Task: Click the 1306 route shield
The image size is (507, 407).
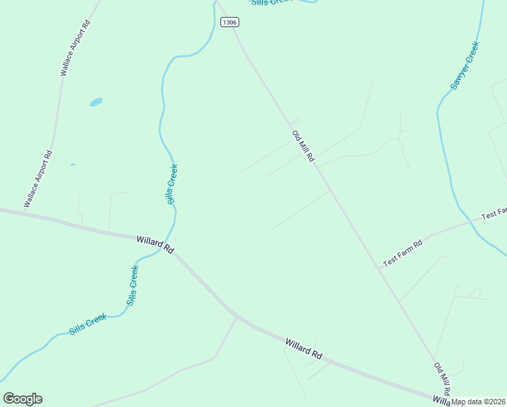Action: click(230, 22)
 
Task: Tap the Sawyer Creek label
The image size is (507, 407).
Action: click(466, 66)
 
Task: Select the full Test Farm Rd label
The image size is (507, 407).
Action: click(403, 252)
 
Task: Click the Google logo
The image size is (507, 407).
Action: click(22, 398)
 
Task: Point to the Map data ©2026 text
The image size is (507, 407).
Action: click(479, 402)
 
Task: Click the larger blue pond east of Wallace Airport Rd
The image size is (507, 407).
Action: click(96, 102)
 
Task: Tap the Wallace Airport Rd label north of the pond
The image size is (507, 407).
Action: click(75, 47)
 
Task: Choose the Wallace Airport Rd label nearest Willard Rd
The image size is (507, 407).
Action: click(38, 178)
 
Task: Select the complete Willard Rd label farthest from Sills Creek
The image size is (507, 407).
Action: click(303, 349)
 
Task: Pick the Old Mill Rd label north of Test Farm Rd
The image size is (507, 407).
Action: click(304, 146)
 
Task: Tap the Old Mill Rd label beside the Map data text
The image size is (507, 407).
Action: click(442, 379)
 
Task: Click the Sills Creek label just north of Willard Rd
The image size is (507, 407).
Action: click(172, 184)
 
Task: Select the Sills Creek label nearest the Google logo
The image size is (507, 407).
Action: click(87, 325)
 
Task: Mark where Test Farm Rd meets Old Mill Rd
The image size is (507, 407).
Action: click(378, 267)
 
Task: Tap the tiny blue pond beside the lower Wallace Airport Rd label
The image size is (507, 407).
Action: click(72, 164)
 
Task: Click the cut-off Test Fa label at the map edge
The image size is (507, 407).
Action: click(493, 214)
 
